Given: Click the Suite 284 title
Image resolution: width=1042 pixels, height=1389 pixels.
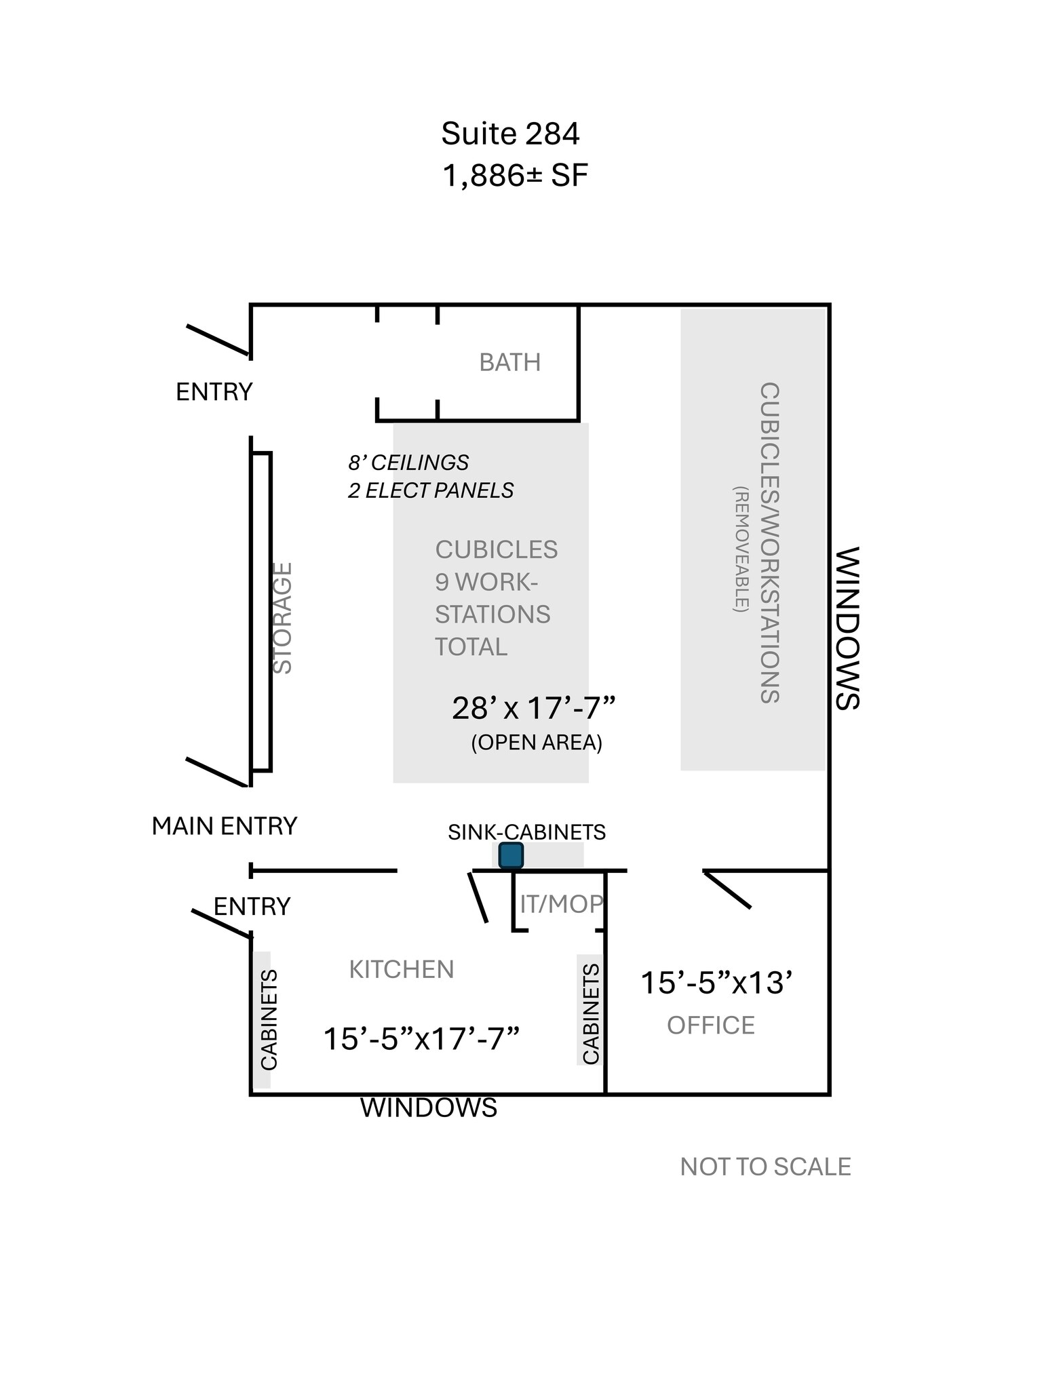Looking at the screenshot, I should pos(510,134).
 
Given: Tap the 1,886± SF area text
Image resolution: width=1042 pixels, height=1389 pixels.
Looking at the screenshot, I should pos(514,176).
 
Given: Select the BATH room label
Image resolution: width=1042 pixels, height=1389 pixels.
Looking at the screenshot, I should pos(509,363).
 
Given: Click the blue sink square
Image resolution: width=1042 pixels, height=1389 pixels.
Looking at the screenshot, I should pos(511,855).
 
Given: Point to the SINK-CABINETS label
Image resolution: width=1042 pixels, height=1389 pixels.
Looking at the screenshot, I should pos(526,832).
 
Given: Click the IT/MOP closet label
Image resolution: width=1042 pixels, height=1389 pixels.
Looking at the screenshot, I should pos(561,903).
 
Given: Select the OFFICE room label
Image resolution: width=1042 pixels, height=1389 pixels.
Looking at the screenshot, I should pos(710,1025).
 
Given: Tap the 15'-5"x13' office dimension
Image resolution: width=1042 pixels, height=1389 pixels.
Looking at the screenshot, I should pos(716,983).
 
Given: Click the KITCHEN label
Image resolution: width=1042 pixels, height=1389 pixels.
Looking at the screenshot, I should pos(401,970).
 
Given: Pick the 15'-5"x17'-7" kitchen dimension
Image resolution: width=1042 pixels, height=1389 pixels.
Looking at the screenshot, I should pos(421,1039).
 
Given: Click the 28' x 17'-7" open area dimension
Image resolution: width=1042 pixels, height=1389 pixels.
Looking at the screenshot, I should pos(533,709).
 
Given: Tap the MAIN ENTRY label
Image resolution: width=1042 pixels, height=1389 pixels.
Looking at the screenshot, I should pos(224,826).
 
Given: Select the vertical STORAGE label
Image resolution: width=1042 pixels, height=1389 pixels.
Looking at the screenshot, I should pos(282,618).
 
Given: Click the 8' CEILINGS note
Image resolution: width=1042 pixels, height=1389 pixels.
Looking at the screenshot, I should pos(408,463).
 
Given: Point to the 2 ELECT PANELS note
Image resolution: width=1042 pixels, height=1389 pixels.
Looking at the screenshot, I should pos(431,490).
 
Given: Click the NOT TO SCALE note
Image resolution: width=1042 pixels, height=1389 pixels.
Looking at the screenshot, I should pos(765,1167).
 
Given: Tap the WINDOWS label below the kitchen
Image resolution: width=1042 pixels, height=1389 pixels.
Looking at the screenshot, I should pos(429,1108).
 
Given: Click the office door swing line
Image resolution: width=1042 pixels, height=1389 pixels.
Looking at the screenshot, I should pos(728,890).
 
